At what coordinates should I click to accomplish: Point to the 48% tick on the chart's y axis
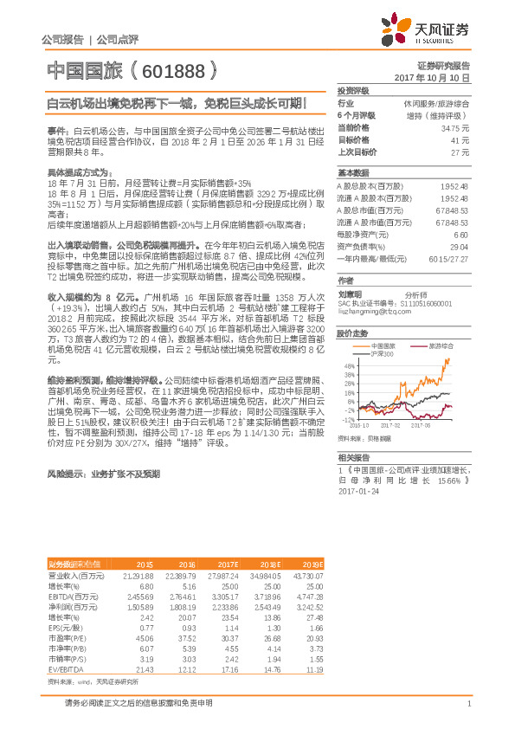tap(348, 365)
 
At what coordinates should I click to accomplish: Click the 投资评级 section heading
tap(353, 89)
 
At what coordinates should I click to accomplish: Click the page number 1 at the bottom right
tap(467, 703)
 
